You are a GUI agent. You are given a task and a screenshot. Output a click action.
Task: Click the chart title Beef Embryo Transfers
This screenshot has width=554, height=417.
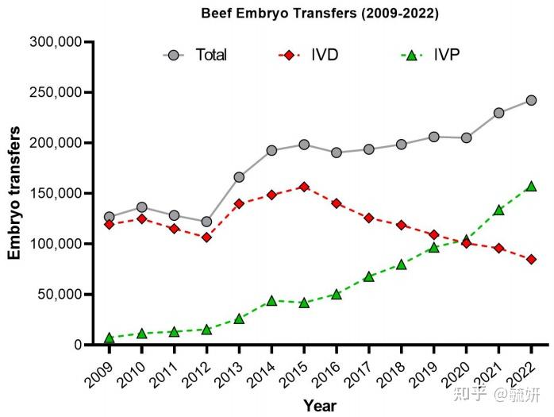coord(320,14)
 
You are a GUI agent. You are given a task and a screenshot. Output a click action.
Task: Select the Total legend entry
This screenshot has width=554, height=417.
coord(195,55)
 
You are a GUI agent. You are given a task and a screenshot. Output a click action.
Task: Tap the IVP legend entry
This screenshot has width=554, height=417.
coord(430,55)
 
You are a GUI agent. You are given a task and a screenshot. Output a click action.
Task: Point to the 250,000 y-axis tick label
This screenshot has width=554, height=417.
coord(56,92)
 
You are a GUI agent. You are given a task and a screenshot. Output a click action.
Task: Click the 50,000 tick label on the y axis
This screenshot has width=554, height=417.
coord(60,294)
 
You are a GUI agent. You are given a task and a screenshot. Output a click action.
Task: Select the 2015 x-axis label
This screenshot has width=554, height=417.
coord(292,374)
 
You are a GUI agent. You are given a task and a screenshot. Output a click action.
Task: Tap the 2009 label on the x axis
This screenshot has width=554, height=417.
coord(98,374)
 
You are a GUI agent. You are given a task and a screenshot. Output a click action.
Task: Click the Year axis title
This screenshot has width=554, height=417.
coord(320,405)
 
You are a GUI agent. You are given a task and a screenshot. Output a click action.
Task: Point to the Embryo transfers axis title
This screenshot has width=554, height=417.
coord(14,193)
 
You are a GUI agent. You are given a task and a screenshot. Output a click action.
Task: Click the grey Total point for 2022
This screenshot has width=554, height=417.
coord(531,100)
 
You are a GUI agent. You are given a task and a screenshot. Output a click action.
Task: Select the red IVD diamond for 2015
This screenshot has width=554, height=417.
coord(304,187)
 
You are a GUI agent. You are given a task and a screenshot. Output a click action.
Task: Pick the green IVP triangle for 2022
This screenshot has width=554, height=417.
coord(531,187)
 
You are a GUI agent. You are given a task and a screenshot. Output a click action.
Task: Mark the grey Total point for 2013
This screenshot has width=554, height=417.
coord(239,177)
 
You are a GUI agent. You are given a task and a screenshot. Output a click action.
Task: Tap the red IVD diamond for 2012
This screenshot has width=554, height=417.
coord(206,237)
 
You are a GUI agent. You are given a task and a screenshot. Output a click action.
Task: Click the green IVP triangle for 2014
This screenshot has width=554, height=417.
coord(271,300)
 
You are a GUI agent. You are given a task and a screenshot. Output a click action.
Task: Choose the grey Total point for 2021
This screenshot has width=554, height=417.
coord(498,113)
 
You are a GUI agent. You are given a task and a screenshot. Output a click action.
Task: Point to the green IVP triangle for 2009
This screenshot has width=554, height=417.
coord(110,338)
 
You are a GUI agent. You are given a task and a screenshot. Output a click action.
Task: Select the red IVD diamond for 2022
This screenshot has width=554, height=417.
coord(531,259)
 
